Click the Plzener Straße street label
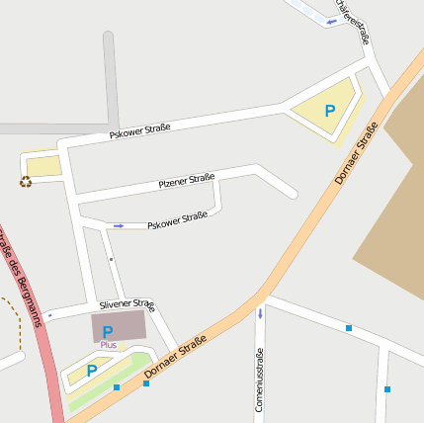coord(187,180)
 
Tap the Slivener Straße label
coord(127,304)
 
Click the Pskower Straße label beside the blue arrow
coord(177,220)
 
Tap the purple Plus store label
coord(108,345)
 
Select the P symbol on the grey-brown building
coord(108,329)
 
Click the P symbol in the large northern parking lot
coord(330,112)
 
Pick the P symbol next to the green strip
coord(91,371)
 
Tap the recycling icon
coord(25,181)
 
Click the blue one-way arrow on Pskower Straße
coord(119,226)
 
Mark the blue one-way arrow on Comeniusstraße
coord(260,314)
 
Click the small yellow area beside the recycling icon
coord(43,166)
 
